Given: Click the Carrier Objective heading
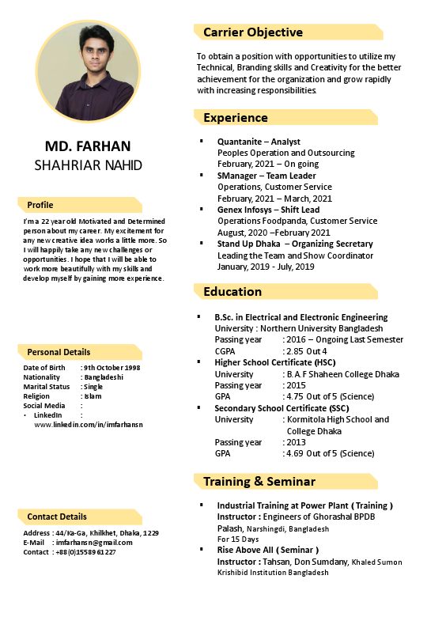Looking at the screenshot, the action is [253, 32].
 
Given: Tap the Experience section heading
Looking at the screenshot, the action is [236, 118].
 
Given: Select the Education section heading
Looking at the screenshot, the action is [232, 292].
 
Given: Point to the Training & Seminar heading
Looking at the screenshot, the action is [259, 481].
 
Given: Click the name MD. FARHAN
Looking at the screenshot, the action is [88, 146].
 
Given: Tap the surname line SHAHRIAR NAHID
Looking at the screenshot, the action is [88, 165].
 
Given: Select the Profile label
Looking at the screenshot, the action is [40, 205].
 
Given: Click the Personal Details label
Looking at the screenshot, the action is [59, 352].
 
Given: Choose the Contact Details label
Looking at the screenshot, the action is [57, 517].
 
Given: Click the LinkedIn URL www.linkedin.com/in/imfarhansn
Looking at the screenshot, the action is [89, 425].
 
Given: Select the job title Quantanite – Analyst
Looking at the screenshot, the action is [259, 142].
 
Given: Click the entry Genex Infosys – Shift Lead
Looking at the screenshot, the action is [268, 210].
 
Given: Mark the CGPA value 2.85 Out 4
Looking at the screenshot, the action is [307, 350].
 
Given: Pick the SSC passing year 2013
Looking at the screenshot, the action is [296, 442].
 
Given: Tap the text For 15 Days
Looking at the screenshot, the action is [238, 539].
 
